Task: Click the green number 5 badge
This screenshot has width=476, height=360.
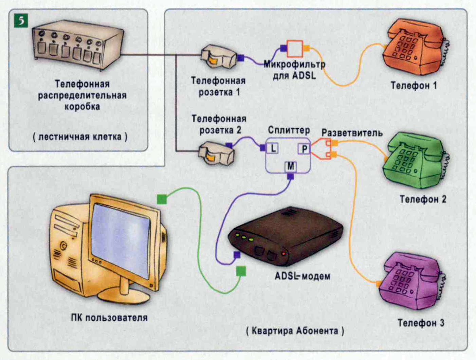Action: pyautogui.click(x=21, y=21)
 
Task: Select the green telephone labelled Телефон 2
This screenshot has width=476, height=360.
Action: pyautogui.click(x=416, y=161)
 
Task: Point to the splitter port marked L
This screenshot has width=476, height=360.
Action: pyautogui.click(x=273, y=148)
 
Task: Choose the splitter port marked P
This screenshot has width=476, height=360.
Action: pyautogui.click(x=304, y=149)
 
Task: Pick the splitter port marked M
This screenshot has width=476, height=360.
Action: pyautogui.click(x=291, y=166)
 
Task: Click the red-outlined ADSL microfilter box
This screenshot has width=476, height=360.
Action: pyautogui.click(x=294, y=49)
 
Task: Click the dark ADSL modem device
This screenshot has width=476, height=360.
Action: pyautogui.click(x=285, y=238)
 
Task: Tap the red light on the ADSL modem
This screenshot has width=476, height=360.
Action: pyautogui.click(x=283, y=254)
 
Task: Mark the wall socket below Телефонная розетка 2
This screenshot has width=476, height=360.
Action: pyautogui.click(x=216, y=154)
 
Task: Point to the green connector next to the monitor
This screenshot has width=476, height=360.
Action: pyautogui.click(x=162, y=199)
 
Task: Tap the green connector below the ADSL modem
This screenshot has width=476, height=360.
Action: pyautogui.click(x=241, y=271)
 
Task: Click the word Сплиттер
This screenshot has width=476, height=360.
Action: pyautogui.click(x=289, y=130)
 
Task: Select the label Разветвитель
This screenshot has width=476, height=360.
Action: pyautogui.click(x=352, y=133)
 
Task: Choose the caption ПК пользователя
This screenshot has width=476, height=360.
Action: pyautogui.click(x=109, y=318)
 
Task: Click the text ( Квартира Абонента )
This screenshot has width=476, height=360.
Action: pyautogui.click(x=295, y=331)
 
